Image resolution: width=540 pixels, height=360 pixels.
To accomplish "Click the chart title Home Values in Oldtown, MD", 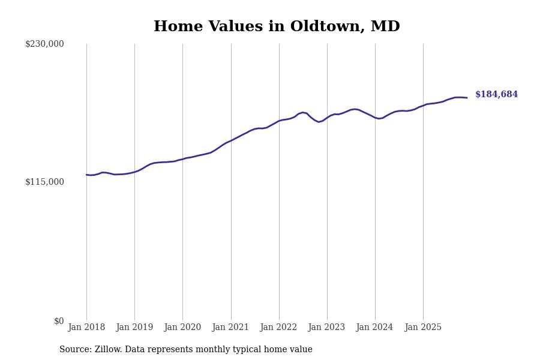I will [x=277, y=27].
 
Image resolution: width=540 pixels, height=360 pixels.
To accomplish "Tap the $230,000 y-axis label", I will [x=44, y=44].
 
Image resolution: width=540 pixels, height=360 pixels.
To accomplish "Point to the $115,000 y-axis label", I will [x=44, y=182].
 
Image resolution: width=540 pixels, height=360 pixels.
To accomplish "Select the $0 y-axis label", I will [x=59, y=321].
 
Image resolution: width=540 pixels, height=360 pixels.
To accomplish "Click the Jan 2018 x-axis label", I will [x=86, y=328].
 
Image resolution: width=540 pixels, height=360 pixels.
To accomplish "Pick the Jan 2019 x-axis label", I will [x=134, y=328].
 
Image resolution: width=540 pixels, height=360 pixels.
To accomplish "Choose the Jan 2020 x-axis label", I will [x=182, y=328].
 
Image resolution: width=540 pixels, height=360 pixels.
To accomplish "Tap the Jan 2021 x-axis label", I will [x=231, y=328].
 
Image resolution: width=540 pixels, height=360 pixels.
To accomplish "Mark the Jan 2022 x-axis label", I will [x=279, y=328].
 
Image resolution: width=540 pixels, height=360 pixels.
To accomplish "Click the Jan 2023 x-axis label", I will [x=327, y=328].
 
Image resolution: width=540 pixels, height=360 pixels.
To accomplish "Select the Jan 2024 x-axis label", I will [x=375, y=328].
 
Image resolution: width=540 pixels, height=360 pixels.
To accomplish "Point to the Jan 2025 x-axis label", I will [x=423, y=328].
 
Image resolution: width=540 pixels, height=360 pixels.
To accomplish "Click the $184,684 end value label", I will [x=496, y=95].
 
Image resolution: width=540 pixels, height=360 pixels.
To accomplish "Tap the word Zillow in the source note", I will [x=109, y=350].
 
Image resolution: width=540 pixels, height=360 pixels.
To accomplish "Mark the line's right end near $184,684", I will [x=467, y=98].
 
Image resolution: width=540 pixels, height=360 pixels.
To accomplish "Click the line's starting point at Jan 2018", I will [x=86, y=175].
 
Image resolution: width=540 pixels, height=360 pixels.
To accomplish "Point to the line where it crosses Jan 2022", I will [x=279, y=121].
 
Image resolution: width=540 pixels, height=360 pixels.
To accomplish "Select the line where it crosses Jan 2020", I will [x=182, y=159].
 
